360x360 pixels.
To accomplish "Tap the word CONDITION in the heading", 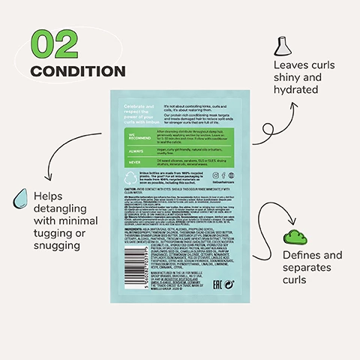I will click(x=77, y=72).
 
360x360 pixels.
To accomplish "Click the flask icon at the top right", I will click(x=284, y=46).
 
